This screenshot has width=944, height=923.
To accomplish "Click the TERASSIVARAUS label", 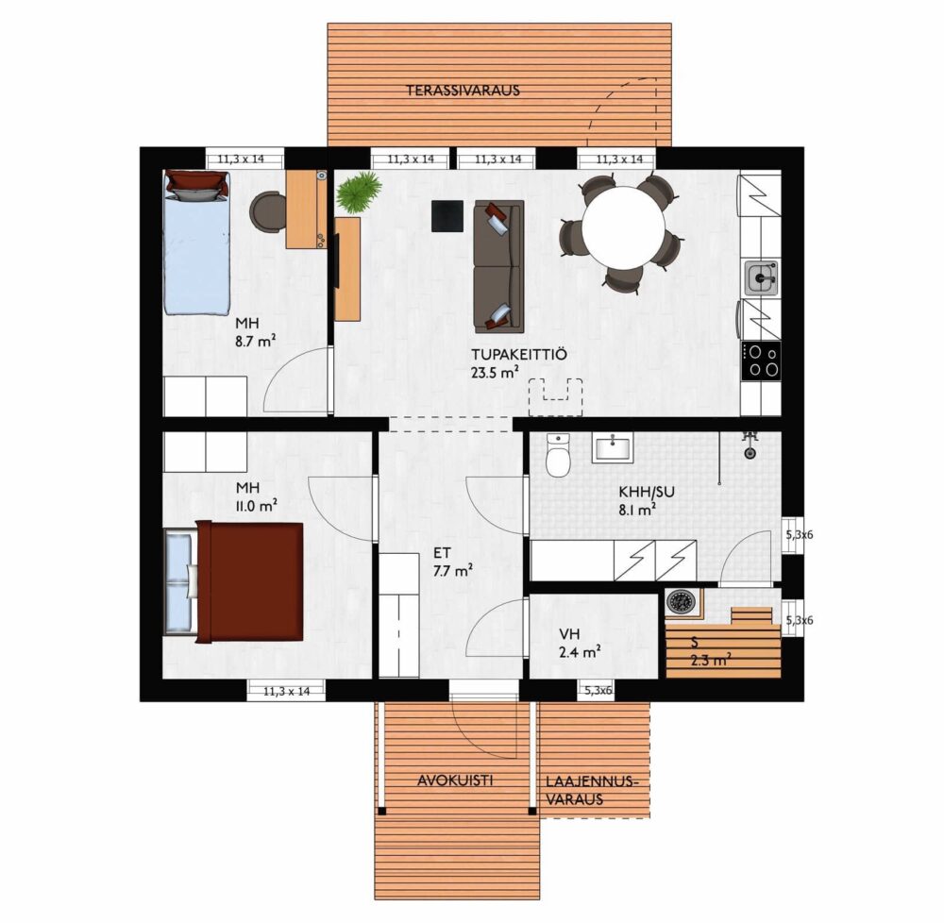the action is coord(463,91).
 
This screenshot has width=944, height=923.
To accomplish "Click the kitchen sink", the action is coord(762,278).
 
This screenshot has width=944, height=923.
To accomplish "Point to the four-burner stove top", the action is coord(762,361).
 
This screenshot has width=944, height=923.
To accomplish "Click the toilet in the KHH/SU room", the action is coord(558,455).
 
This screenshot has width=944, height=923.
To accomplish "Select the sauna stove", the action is coord(681,601).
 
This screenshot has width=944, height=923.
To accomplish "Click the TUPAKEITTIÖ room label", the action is coord(519,355).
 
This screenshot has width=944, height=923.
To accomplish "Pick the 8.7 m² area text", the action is coord(255,342).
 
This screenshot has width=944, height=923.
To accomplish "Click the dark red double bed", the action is coord(249,582).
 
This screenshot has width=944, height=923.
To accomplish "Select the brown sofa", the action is coord(498,266).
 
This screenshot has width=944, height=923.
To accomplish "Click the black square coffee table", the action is coord(447,215).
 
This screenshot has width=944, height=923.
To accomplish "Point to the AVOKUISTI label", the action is coord(455,780).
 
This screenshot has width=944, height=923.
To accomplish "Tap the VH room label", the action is coord(569,633).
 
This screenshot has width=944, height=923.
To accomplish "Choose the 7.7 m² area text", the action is coord(452,570).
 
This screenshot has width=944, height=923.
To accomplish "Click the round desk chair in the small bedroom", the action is coord(268,211).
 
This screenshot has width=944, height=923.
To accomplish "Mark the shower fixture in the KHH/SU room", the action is coord(749,445).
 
